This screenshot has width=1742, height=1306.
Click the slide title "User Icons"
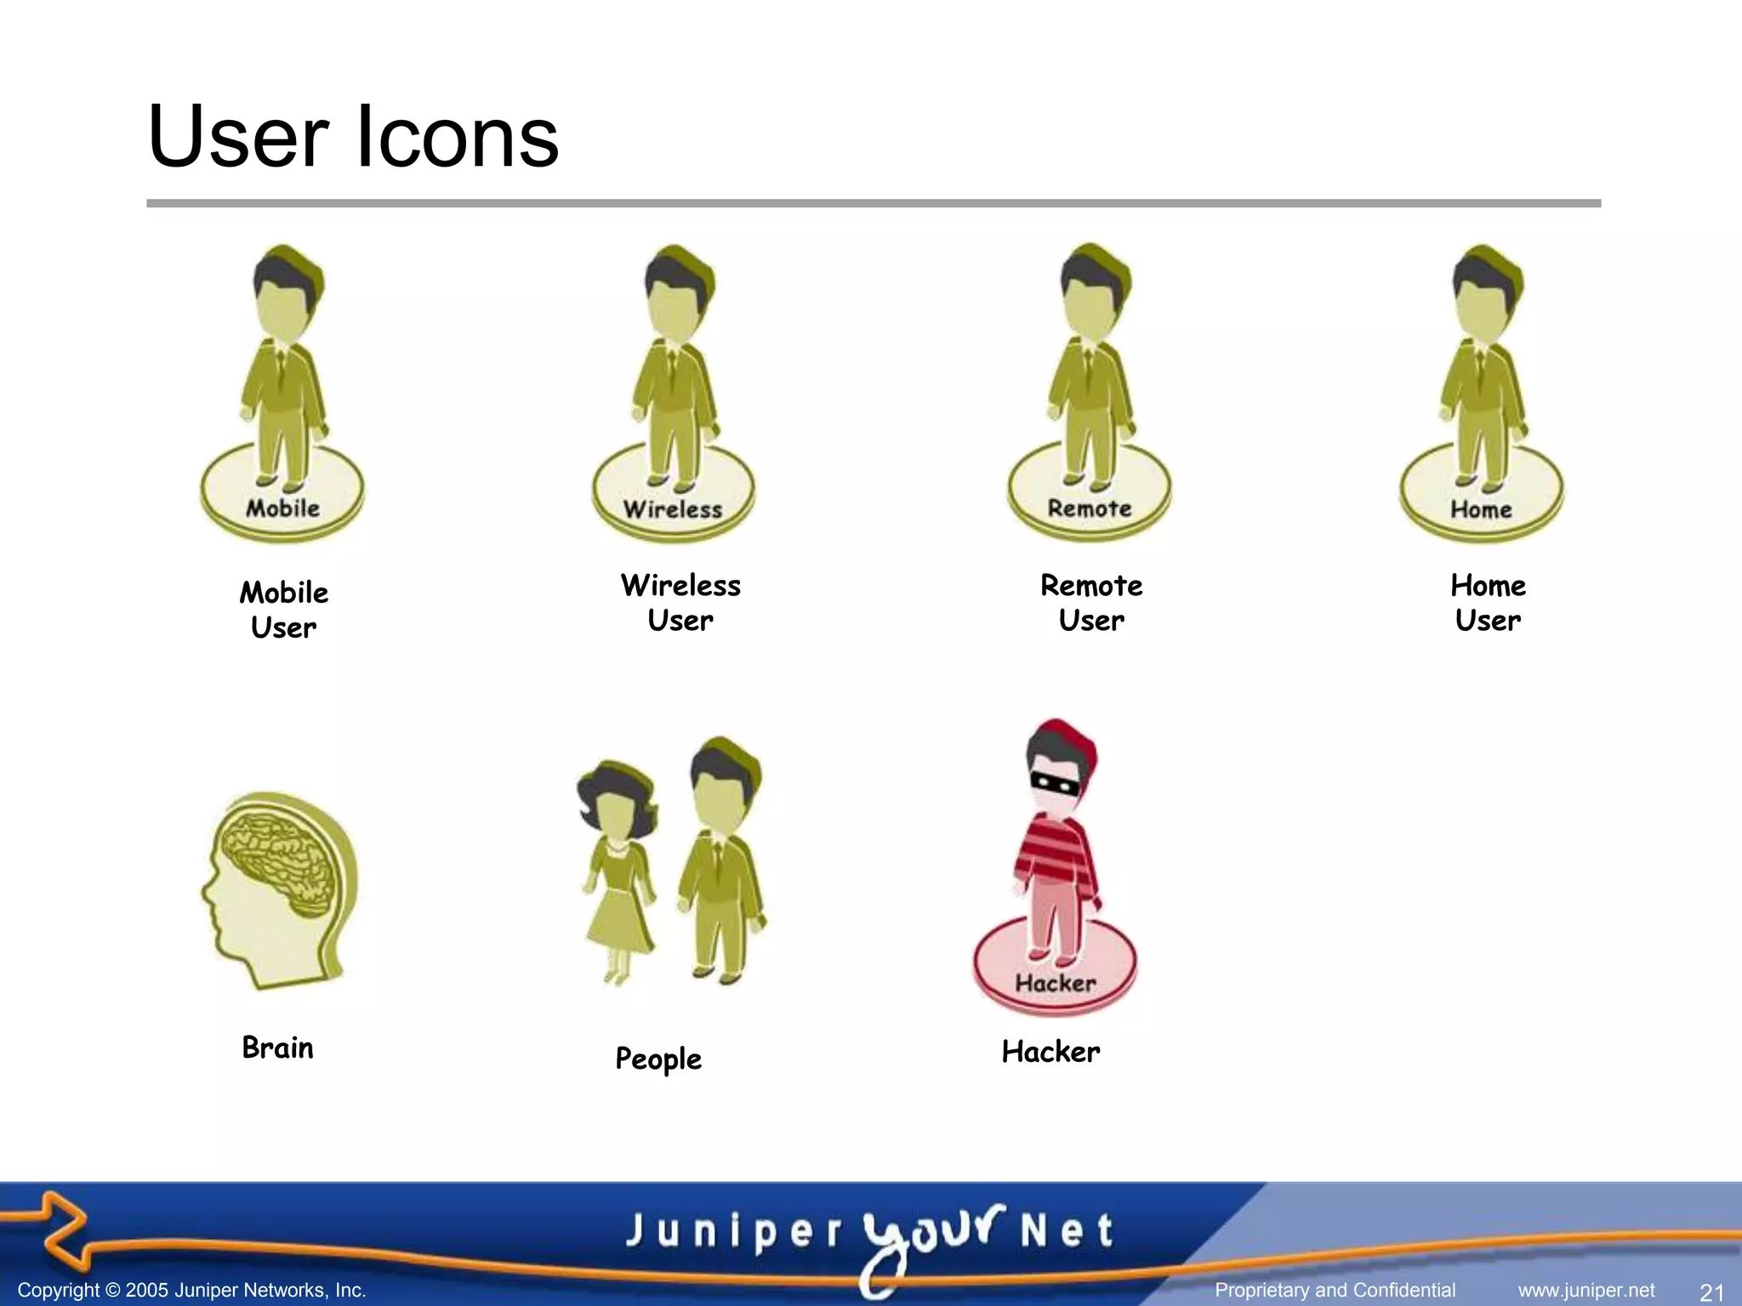(x=353, y=136)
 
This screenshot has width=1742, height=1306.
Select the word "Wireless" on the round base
(x=673, y=509)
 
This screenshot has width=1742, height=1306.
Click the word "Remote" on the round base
(x=1090, y=508)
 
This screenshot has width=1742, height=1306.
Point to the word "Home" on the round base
(x=1481, y=509)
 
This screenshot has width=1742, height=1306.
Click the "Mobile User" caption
(x=284, y=610)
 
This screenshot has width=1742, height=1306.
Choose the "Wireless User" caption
(x=680, y=603)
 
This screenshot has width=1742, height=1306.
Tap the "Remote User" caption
(x=1091, y=603)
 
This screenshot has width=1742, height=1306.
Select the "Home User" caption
(x=1488, y=603)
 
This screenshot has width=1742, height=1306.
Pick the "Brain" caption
(x=277, y=1048)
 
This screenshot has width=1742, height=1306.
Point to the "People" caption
(x=658, y=1059)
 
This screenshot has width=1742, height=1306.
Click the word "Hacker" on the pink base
(x=1056, y=984)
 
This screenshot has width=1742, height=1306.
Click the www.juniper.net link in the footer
(x=1586, y=1291)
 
